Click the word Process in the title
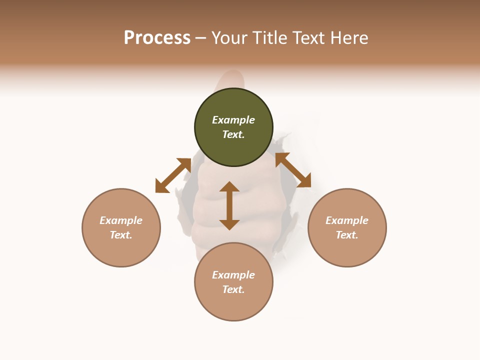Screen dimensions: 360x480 tap(157, 38)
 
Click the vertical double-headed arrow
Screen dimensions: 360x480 tap(229, 205)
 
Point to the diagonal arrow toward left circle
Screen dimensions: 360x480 tap(173, 175)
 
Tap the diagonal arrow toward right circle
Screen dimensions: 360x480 tap(293, 170)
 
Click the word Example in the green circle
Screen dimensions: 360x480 tap(233, 120)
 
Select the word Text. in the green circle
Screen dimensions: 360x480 tap(233, 134)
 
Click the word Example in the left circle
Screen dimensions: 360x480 tap(121, 220)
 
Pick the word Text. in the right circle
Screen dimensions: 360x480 tap(347, 235)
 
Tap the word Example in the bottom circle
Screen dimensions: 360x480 tap(233, 275)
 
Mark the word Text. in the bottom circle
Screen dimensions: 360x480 tap(233, 289)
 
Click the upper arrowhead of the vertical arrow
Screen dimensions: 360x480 tap(229, 186)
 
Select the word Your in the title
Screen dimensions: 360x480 tap(229, 38)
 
